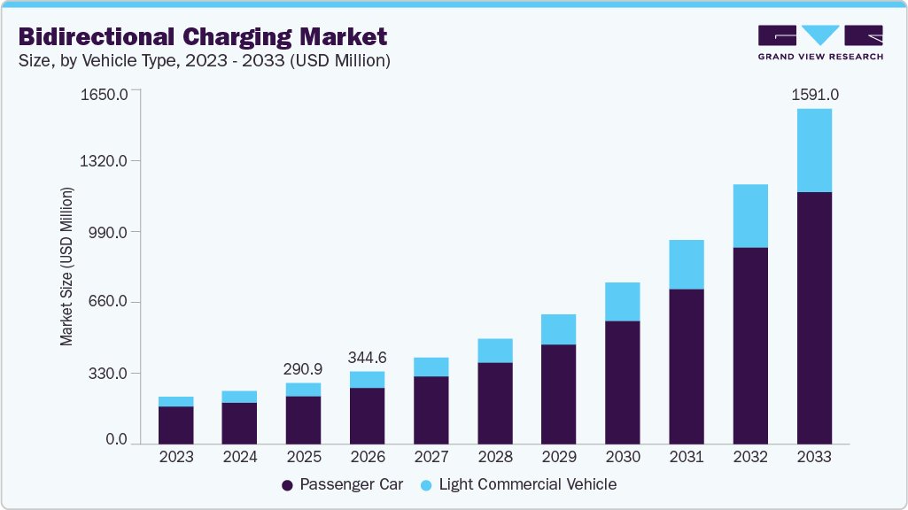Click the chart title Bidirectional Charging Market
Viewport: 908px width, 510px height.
[x=202, y=37]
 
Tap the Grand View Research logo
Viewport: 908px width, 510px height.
[x=820, y=42]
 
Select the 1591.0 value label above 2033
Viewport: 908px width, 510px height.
[x=814, y=92]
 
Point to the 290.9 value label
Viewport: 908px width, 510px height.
[x=303, y=367]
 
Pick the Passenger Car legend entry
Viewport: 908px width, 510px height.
[x=342, y=484]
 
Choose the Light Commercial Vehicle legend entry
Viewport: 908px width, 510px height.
[x=519, y=484]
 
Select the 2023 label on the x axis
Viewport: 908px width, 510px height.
[x=175, y=457]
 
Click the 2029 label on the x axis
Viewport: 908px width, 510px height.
[x=558, y=457]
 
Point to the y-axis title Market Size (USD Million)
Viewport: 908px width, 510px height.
[x=67, y=267]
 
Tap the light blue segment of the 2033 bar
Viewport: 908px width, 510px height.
[x=814, y=150]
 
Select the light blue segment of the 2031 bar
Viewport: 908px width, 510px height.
[x=687, y=264]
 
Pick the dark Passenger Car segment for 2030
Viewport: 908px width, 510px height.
[x=622, y=382]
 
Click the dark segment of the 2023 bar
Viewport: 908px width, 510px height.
[x=175, y=424]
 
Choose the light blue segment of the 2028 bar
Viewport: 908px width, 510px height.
[x=494, y=350]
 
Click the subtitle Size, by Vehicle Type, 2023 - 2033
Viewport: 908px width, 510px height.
[x=205, y=61]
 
